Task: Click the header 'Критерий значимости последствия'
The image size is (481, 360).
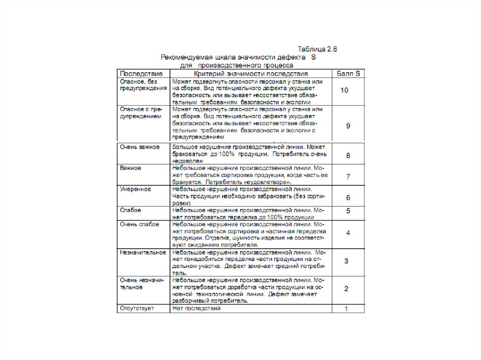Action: (x=251, y=74)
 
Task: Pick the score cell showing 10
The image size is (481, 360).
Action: (x=344, y=90)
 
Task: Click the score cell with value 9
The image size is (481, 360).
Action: (x=348, y=126)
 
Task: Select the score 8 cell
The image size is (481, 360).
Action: (x=348, y=155)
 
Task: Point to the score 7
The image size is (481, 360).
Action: (x=348, y=176)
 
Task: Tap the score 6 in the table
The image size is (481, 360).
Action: (x=348, y=198)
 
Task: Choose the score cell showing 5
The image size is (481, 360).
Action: (x=348, y=211)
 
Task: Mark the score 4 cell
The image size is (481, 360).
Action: (x=348, y=233)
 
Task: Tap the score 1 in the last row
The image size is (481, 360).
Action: (x=346, y=309)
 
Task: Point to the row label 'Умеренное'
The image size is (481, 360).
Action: (x=135, y=189)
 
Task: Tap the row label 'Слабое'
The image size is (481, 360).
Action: (x=131, y=210)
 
